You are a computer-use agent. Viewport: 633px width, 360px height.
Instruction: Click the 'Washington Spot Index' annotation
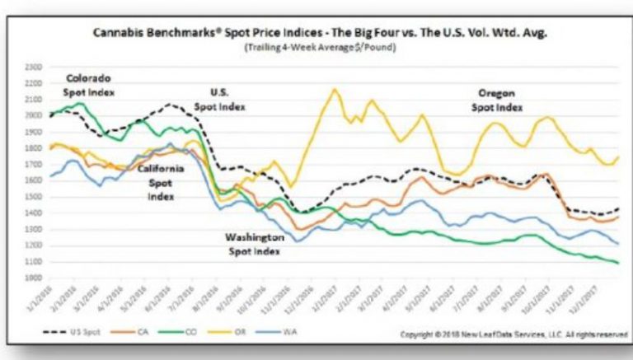point(256,243)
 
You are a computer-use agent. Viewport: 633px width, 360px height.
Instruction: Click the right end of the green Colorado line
point(618,263)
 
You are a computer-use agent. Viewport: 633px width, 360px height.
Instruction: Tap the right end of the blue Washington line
point(618,244)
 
